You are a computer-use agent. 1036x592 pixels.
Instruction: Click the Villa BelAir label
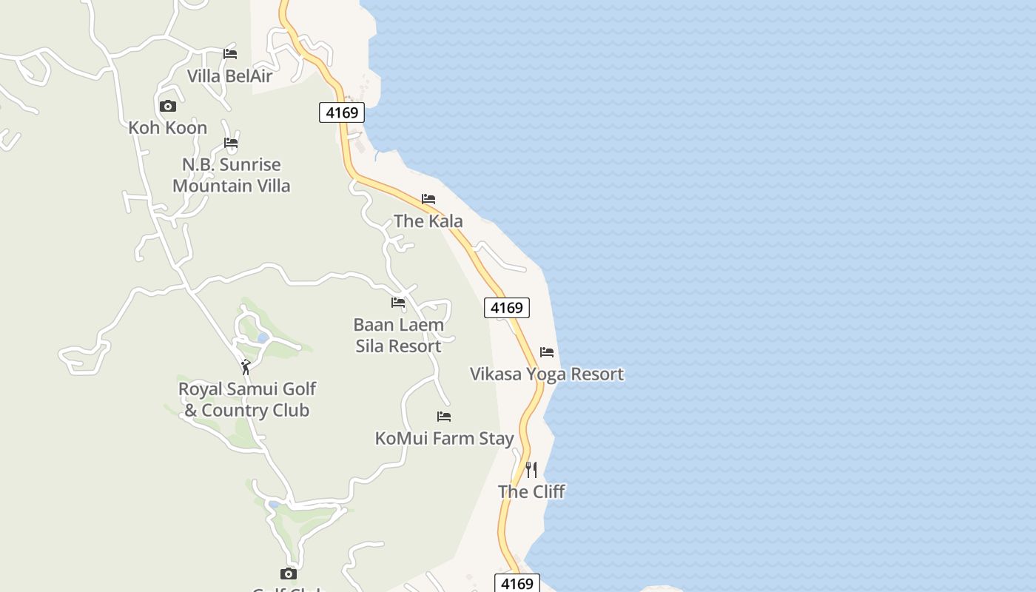[229, 75]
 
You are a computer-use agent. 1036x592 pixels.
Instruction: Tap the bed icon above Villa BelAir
[230, 54]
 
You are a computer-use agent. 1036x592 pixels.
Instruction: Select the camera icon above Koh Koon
[168, 106]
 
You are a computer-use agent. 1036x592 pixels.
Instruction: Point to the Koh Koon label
[168, 127]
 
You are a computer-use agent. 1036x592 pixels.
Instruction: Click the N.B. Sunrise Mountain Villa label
[232, 175]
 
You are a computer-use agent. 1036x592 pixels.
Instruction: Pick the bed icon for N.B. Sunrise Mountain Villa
[231, 143]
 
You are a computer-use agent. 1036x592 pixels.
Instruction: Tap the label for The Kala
[428, 221]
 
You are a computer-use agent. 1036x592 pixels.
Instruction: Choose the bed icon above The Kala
[428, 199]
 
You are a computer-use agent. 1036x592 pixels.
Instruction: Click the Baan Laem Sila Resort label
[399, 335]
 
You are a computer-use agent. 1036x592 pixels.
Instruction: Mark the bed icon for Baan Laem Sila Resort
[398, 303]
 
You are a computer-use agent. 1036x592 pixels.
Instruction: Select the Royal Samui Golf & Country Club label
[247, 400]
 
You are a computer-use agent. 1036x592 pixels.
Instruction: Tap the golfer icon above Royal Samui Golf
[246, 367]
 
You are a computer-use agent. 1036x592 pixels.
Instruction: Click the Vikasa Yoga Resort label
[547, 374]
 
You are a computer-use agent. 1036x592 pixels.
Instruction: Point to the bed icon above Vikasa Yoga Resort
[547, 352]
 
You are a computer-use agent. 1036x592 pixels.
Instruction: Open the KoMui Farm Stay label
[444, 438]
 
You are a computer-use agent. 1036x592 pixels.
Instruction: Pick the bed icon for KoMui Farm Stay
[444, 417]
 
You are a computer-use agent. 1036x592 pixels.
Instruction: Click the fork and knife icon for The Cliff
[531, 469]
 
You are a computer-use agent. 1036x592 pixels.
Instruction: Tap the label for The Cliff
[531, 491]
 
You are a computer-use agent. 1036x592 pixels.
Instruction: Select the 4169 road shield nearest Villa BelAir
[342, 112]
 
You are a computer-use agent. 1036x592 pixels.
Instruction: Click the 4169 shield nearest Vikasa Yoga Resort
[507, 307]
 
